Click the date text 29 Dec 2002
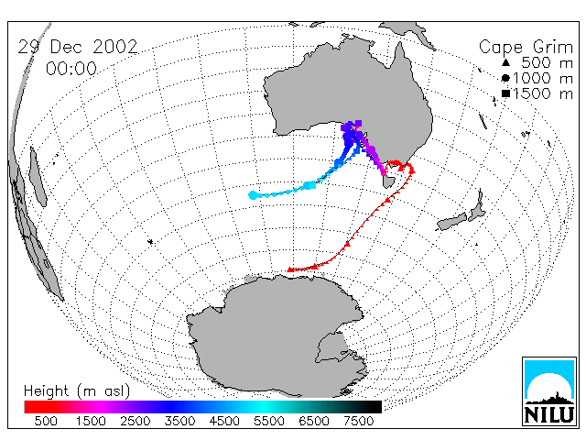[78, 47]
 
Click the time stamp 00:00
[71, 69]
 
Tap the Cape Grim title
[526, 47]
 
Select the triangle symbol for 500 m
[505, 62]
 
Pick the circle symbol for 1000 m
[505, 78]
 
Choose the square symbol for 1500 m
[505, 93]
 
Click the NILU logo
[549, 391]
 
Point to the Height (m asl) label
[77, 391]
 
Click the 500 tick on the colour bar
[46, 421]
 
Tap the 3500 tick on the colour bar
[179, 421]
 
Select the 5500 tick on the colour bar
[269, 421]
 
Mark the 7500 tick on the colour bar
[358, 421]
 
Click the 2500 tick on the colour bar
[135, 421]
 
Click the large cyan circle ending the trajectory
[253, 195]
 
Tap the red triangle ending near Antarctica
[290, 269]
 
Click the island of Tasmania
[388, 181]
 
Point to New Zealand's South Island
[452, 222]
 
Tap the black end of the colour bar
[374, 407]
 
